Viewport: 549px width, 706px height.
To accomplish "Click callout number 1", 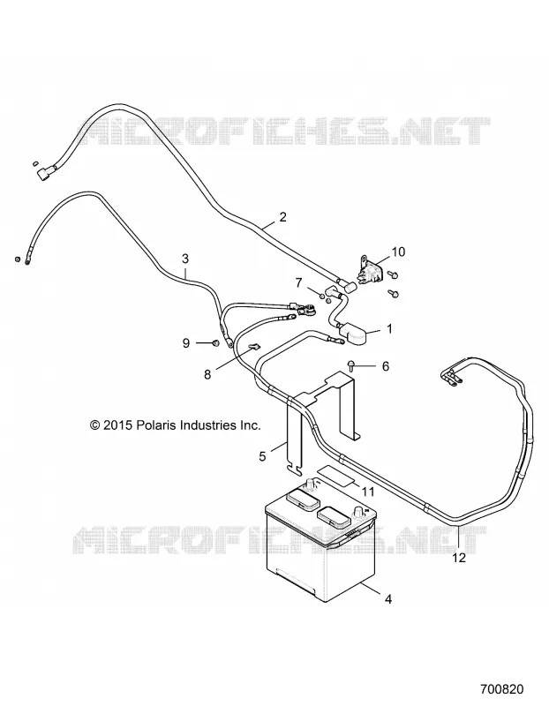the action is coord(389,328).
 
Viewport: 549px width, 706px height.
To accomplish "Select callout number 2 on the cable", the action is coord(282,217).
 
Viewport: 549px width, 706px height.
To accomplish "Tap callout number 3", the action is coord(185,259).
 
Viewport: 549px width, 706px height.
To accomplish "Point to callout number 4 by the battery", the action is coord(388,599).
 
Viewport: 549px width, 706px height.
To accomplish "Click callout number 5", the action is coord(262,456).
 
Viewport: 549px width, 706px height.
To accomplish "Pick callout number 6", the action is coord(386,366).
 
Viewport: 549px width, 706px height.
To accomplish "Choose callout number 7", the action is coord(299,283).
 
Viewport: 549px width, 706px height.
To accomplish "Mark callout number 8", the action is coord(207,374).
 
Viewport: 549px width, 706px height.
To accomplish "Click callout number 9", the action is coord(186,343).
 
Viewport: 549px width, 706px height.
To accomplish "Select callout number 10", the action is coord(399,252).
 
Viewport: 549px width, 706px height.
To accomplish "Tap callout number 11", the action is coord(368,492).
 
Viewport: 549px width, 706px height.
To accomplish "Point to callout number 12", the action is coord(458,558).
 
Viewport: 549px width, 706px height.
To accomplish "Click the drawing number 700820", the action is coord(501,689).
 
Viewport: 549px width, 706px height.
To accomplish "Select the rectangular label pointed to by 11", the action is coord(335,475).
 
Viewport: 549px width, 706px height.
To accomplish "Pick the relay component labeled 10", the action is coord(370,270).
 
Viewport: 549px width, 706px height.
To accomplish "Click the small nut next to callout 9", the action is coord(214,343).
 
